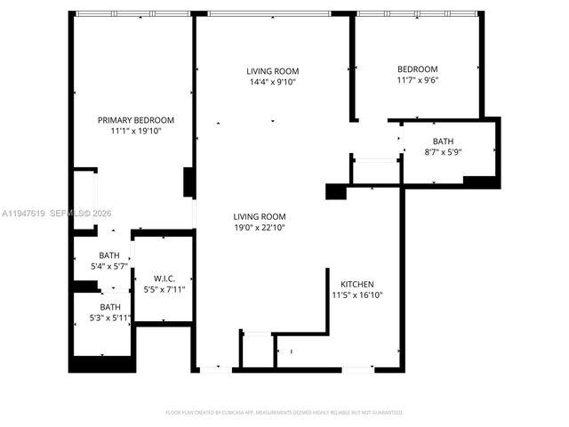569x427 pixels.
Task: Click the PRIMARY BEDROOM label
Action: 135,120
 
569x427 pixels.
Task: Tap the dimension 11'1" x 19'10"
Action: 135,131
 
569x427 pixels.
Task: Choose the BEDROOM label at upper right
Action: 417,69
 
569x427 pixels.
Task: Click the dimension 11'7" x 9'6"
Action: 417,81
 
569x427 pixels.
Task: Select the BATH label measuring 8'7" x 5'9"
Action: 443,141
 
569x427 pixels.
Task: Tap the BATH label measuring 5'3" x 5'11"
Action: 110,307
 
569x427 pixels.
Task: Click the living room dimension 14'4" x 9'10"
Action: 272,82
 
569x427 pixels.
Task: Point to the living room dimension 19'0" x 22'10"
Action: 259,228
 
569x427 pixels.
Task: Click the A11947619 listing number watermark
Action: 26,213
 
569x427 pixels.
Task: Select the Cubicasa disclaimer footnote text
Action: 284,413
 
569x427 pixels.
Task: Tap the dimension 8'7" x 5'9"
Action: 443,152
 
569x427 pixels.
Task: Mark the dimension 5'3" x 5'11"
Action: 110,318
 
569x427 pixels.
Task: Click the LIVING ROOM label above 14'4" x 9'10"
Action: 272,71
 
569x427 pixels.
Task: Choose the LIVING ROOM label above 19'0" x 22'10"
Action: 259,216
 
